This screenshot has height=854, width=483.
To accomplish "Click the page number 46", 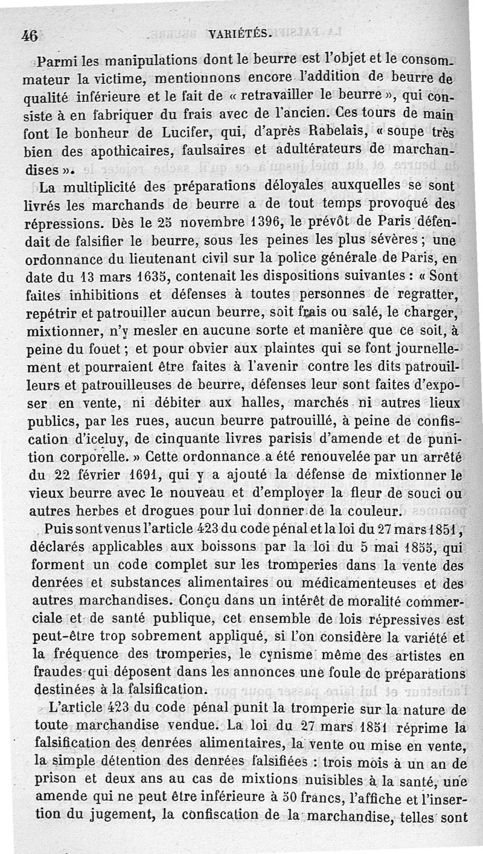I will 30,36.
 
